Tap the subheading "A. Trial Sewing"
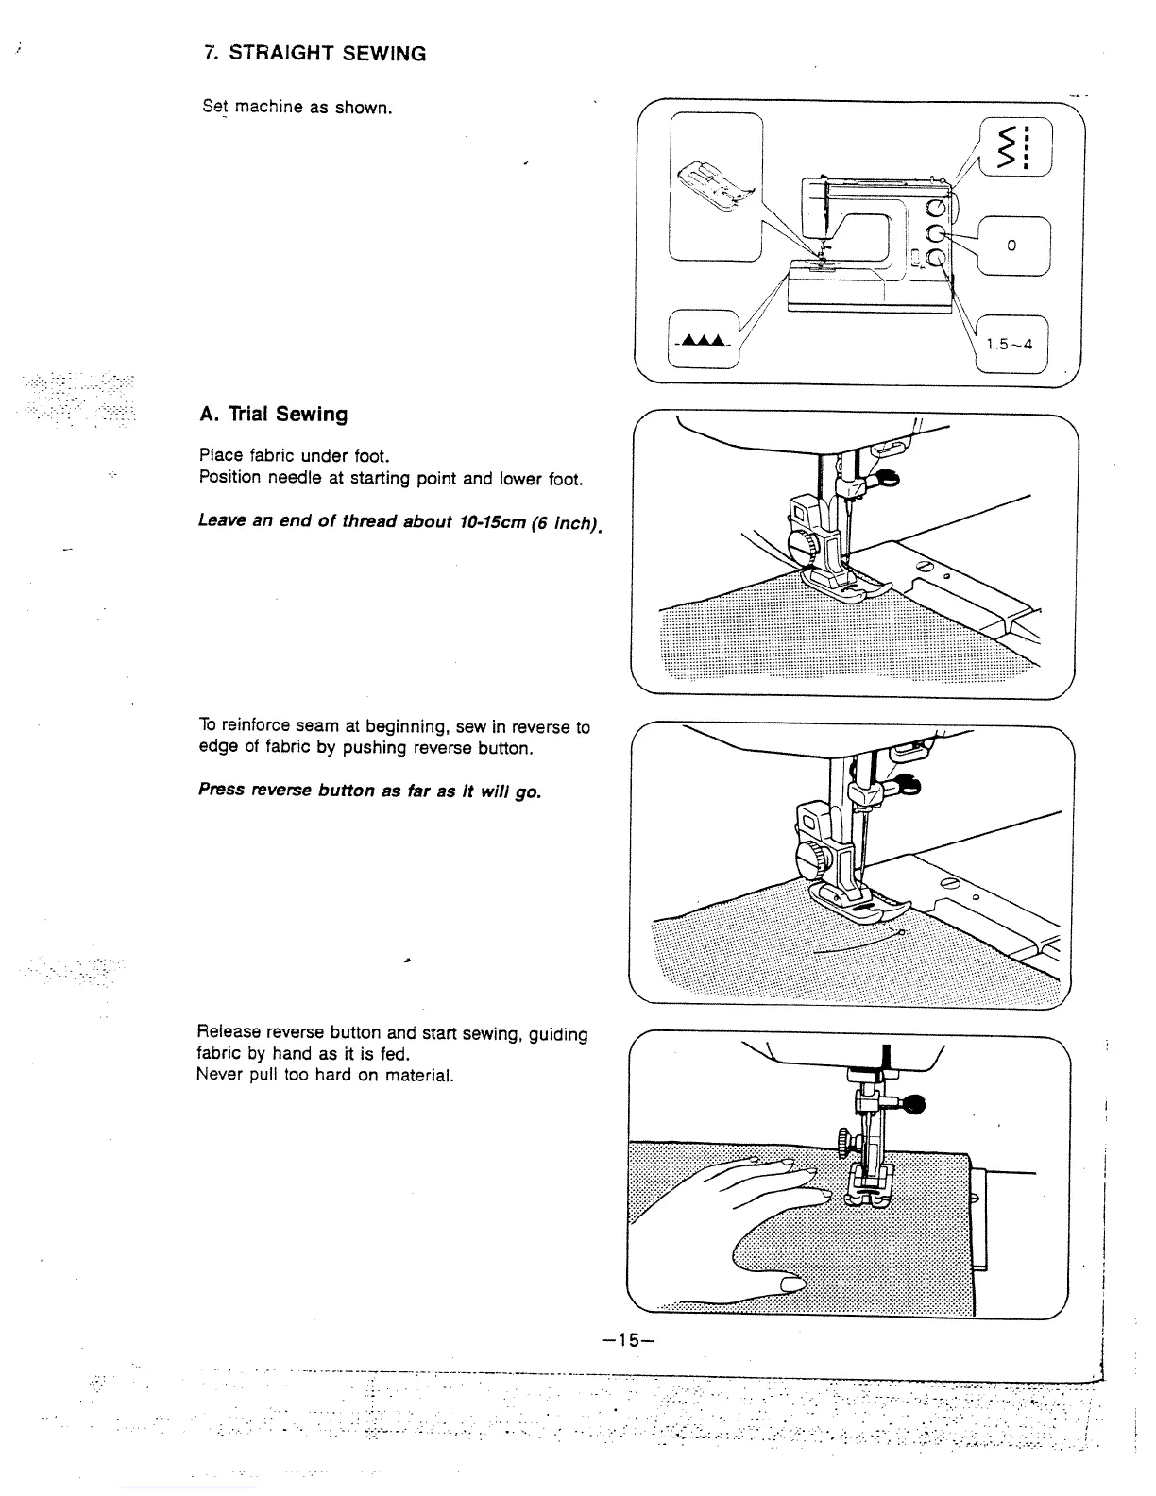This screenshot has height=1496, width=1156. [274, 415]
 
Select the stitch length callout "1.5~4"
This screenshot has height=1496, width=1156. [1010, 344]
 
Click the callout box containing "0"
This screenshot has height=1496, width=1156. [1011, 246]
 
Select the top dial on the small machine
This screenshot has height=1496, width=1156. [935, 209]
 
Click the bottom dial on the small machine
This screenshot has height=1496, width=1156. [935, 258]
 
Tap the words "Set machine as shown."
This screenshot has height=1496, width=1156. [296, 107]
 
